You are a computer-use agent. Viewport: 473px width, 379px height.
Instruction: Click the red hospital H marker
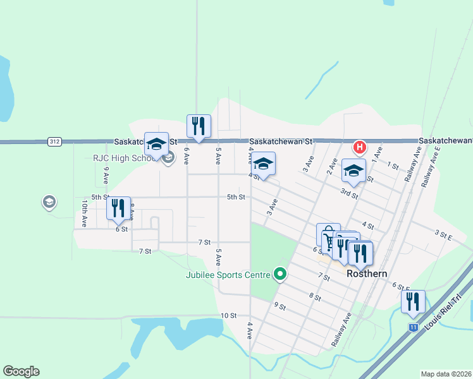(x=359, y=148)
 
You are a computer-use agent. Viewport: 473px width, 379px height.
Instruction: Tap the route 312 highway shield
(x=54, y=142)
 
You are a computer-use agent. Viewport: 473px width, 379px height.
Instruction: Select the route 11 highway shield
(x=413, y=327)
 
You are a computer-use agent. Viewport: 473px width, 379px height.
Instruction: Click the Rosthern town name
(x=367, y=274)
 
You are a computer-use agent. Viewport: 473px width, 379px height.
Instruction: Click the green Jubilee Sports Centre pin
(x=279, y=274)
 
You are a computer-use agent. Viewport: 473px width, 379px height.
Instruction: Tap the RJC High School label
(x=131, y=158)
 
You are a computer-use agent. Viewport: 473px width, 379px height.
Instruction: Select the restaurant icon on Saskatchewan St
(x=199, y=127)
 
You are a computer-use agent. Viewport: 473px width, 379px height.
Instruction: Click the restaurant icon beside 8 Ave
(x=118, y=208)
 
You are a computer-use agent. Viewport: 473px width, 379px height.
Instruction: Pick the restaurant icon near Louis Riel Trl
(x=413, y=303)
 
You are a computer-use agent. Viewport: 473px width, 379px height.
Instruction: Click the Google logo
(x=21, y=371)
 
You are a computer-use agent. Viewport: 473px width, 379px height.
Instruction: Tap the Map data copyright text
(x=446, y=374)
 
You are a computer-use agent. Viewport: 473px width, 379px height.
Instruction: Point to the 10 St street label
(x=228, y=315)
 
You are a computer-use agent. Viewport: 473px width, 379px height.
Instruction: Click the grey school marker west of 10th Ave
(x=48, y=202)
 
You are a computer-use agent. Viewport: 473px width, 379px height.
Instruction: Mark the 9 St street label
(x=280, y=306)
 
